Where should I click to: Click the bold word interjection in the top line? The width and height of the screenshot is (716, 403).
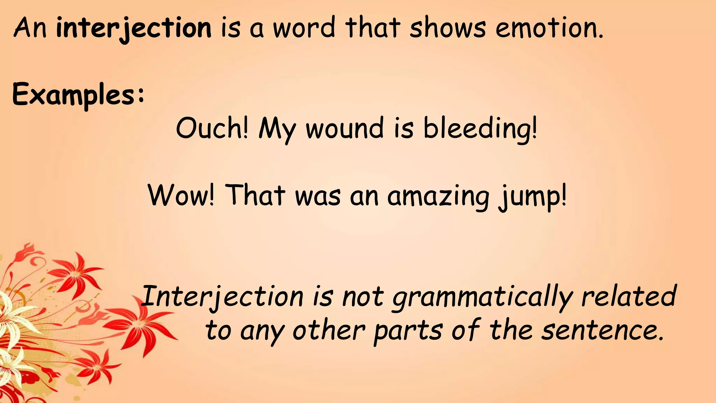click(134, 28)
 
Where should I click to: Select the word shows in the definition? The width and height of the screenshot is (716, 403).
click(447, 28)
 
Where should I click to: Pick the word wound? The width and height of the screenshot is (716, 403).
click(344, 128)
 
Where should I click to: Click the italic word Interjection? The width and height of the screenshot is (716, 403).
click(223, 297)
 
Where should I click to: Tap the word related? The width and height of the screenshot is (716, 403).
click(629, 296)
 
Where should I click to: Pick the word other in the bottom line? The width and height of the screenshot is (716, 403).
click(329, 330)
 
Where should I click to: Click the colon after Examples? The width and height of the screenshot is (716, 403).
click(141, 95)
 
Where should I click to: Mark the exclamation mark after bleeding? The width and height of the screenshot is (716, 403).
click(534, 127)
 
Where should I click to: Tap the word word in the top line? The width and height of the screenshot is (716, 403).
click(304, 28)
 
